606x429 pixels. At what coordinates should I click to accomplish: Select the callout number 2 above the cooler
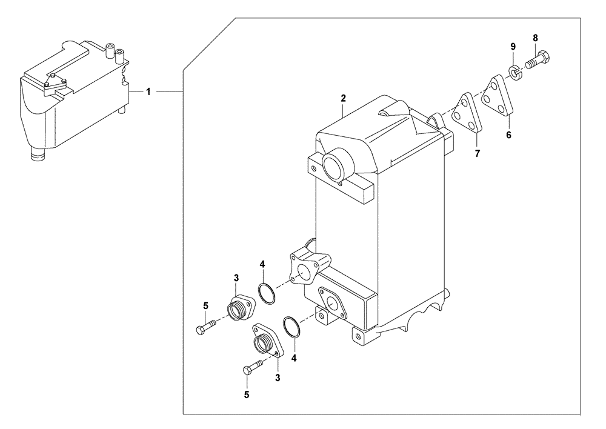pyautogui.click(x=343, y=98)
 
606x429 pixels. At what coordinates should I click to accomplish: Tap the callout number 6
pyautogui.click(x=508, y=135)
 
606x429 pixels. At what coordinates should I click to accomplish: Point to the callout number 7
pyautogui.click(x=477, y=155)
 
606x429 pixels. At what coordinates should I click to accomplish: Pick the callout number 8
pyautogui.click(x=535, y=38)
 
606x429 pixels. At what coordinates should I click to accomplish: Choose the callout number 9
pyautogui.click(x=513, y=46)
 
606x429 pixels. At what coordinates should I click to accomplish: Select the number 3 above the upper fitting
pyautogui.click(x=236, y=277)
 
